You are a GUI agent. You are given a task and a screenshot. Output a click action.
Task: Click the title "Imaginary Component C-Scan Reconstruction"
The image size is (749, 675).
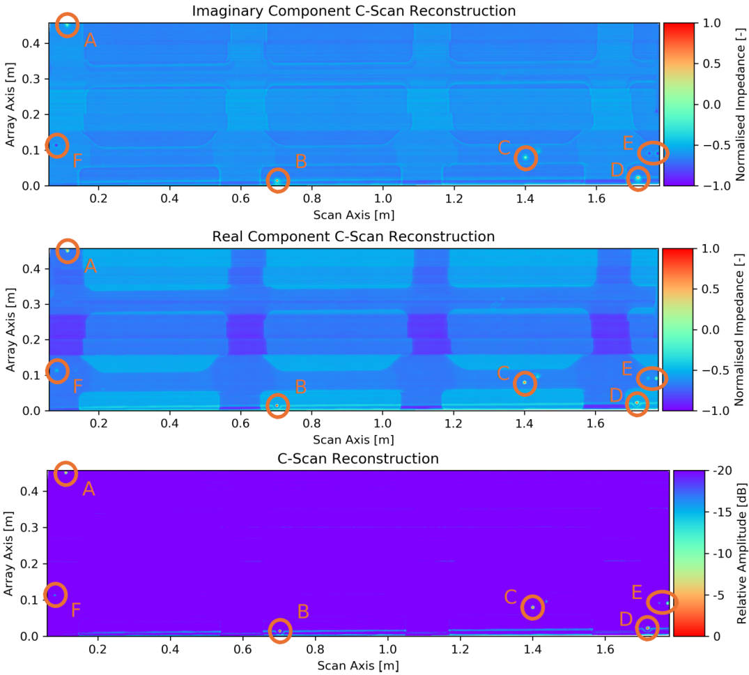coord(354,11)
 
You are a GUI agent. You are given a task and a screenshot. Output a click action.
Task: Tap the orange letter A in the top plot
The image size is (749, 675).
coord(90,41)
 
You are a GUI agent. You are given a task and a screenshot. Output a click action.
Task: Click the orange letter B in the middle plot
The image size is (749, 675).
coord(301,386)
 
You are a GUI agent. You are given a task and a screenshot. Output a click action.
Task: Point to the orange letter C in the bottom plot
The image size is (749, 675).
coord(510,598)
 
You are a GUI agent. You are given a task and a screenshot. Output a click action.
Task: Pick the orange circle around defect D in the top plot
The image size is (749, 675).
coord(638,179)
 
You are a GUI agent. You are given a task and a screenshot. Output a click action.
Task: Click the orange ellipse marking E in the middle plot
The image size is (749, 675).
coord(652,378)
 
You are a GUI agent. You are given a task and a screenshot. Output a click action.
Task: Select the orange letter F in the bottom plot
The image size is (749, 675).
coord(76,611)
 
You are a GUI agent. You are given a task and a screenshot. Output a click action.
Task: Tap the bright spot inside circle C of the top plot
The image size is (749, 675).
coord(525,158)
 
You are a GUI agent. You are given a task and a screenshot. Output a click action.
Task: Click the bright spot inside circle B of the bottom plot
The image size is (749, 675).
coord(280,631)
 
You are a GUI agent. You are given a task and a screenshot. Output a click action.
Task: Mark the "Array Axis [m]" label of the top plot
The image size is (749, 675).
coord(11,105)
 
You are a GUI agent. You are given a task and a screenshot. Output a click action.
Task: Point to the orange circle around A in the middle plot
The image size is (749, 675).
coord(68,251)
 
